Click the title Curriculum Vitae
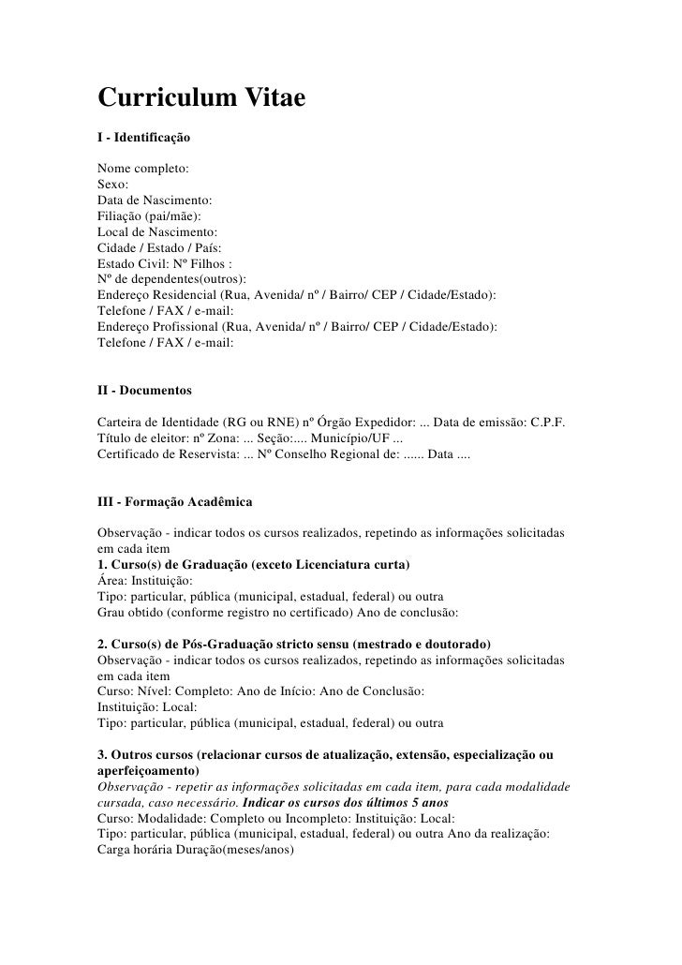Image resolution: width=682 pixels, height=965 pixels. coord(202,98)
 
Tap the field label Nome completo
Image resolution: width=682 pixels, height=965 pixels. coord(141,170)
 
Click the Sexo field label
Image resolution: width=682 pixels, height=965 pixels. coord(113,186)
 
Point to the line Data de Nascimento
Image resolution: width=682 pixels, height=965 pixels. coord(155,201)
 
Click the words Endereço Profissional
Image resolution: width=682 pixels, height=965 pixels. coord(156,327)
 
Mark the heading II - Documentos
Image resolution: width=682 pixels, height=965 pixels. coord(144,387)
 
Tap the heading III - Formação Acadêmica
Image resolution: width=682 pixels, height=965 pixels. coord(174,503)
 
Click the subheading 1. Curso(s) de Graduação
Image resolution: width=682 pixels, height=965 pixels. coord(253,566)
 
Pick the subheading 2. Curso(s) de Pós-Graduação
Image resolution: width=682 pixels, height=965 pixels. coord(294,646)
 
